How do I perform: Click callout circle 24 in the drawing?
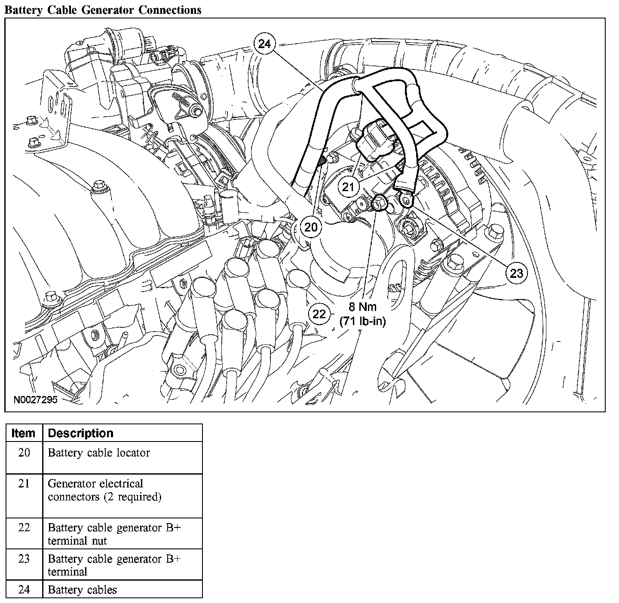(x=265, y=44)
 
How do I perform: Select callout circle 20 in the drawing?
(x=310, y=227)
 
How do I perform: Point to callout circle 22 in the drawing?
(x=319, y=314)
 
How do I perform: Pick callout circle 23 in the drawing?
(x=516, y=272)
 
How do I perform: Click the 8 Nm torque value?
(x=362, y=307)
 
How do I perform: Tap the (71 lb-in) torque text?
(x=362, y=320)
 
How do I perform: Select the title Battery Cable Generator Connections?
(x=102, y=9)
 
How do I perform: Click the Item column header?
(x=24, y=433)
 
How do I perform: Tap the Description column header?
(x=80, y=433)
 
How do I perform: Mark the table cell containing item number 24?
(x=24, y=590)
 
